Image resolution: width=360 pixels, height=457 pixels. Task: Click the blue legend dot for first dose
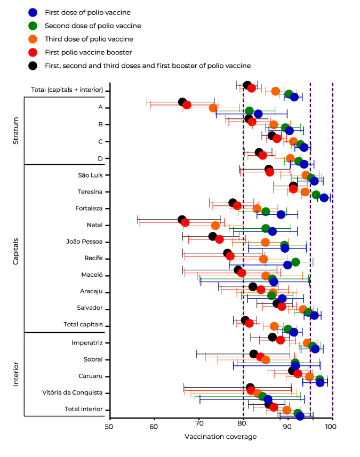point(33,12)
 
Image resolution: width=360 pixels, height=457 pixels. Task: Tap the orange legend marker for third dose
point(33,38)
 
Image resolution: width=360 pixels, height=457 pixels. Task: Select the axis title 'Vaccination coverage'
point(220,437)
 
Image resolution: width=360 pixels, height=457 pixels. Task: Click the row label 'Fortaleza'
point(88,208)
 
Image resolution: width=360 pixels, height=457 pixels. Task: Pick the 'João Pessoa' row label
point(85,242)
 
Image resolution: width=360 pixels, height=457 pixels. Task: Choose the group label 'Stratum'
point(16,133)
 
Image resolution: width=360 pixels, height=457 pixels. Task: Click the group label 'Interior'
point(16,374)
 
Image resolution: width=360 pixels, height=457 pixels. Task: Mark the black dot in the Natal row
point(182,220)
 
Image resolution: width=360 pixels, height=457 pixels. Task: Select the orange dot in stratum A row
point(213,108)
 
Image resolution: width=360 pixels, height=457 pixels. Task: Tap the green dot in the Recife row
point(295,262)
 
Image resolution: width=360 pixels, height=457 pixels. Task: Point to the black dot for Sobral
point(254,354)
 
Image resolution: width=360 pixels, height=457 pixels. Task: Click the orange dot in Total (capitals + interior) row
point(276,91)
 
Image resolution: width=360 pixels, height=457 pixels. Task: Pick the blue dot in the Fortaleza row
point(281,215)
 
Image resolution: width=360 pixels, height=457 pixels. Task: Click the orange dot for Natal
point(215,226)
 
